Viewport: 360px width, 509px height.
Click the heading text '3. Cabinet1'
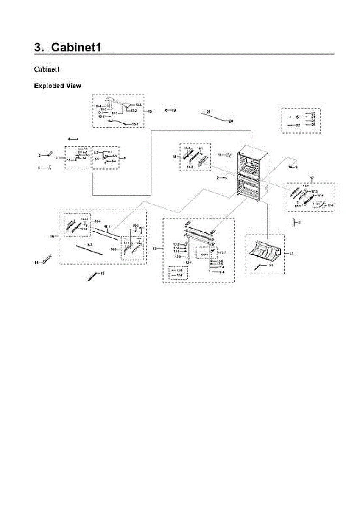pos(68,47)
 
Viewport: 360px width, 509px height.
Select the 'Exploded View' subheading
pos(58,86)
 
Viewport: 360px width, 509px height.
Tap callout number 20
pos(231,121)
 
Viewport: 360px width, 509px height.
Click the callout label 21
pos(209,111)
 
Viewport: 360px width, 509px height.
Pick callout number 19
pos(174,110)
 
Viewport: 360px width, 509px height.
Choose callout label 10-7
pos(135,124)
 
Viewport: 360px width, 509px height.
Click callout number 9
pos(296,167)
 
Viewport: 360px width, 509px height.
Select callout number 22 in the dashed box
pos(298,125)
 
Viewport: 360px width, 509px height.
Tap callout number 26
pos(313,125)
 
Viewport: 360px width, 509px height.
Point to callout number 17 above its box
pos(312,177)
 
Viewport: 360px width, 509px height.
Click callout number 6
pos(299,222)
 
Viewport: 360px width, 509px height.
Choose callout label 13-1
pos(270,265)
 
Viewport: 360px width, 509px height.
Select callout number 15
pos(102,274)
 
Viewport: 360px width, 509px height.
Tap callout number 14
pos(36,263)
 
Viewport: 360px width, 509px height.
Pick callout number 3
pos(40,156)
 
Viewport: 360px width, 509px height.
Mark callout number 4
pos(69,139)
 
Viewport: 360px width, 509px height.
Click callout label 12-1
pos(179,275)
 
